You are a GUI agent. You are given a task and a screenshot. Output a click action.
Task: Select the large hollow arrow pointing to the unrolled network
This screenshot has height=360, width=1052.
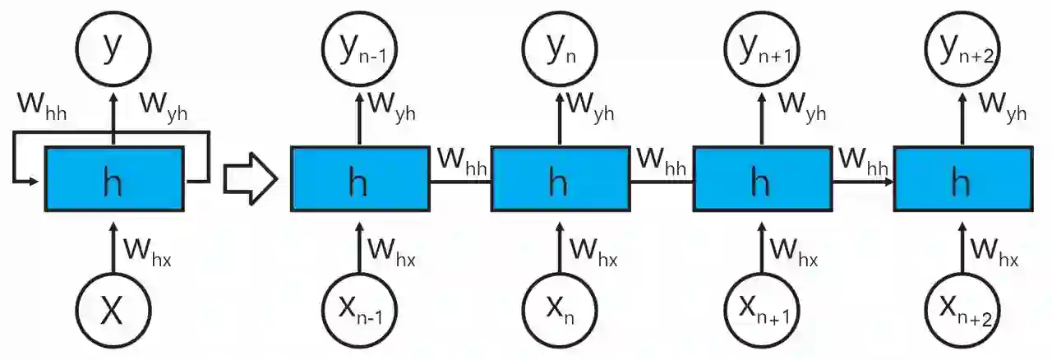click(251, 181)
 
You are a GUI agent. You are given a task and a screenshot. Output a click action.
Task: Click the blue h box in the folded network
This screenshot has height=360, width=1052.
click(113, 181)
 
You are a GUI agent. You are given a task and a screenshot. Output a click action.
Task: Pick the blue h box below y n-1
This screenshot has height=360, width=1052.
click(358, 181)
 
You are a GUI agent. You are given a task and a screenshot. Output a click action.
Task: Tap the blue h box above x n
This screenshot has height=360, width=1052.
click(560, 181)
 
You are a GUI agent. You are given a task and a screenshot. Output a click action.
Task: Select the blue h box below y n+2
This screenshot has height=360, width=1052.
click(962, 181)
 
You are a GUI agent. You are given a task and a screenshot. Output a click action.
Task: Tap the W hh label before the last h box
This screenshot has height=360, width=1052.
click(864, 159)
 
